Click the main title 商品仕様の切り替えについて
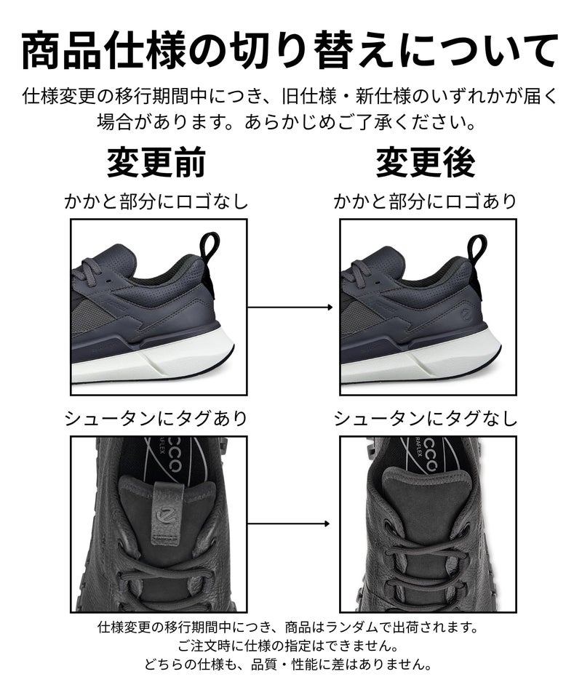tap(290, 49)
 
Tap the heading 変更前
tap(156, 162)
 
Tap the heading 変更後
tap(426, 162)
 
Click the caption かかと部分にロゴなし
tap(156, 201)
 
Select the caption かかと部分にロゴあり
tap(426, 201)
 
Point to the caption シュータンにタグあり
tap(156, 419)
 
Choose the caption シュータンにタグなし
tap(426, 419)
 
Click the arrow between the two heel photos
tap(290, 307)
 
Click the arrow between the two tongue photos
tap(289, 524)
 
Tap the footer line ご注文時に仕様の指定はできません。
tap(288, 645)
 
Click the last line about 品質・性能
tap(288, 665)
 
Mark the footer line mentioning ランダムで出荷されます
tap(288, 627)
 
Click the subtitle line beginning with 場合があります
tap(288, 121)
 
